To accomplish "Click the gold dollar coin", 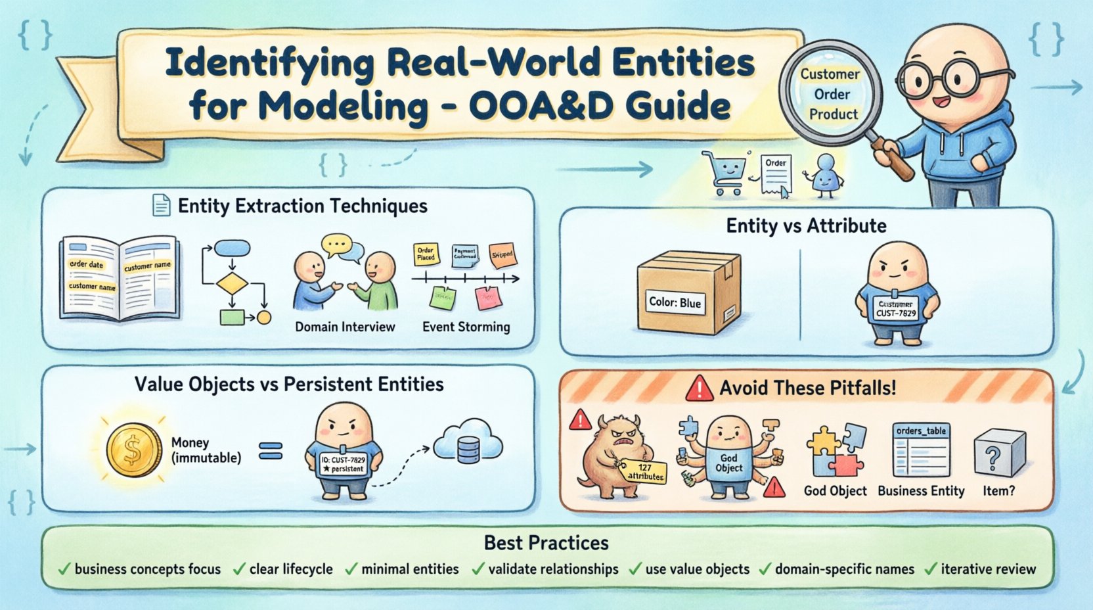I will click(x=134, y=450).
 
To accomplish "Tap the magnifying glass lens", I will click(x=830, y=94).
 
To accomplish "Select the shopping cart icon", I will click(x=724, y=172).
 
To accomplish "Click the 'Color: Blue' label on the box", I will click(x=675, y=302).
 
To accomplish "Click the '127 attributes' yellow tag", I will click(x=644, y=471).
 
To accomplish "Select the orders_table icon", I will click(x=921, y=450).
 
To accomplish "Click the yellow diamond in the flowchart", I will click(x=232, y=284).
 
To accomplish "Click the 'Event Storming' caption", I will click(x=466, y=327).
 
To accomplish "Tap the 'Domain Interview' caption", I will click(x=345, y=327).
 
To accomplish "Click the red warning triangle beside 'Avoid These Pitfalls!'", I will click(x=699, y=388).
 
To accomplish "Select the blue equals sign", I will click(x=271, y=451).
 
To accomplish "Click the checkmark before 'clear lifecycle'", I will click(x=239, y=569).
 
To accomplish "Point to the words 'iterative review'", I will click(x=987, y=569).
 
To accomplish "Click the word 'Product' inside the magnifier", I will click(x=833, y=114).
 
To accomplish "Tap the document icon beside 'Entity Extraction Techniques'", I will click(x=161, y=206).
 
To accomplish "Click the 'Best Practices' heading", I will click(x=546, y=542).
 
